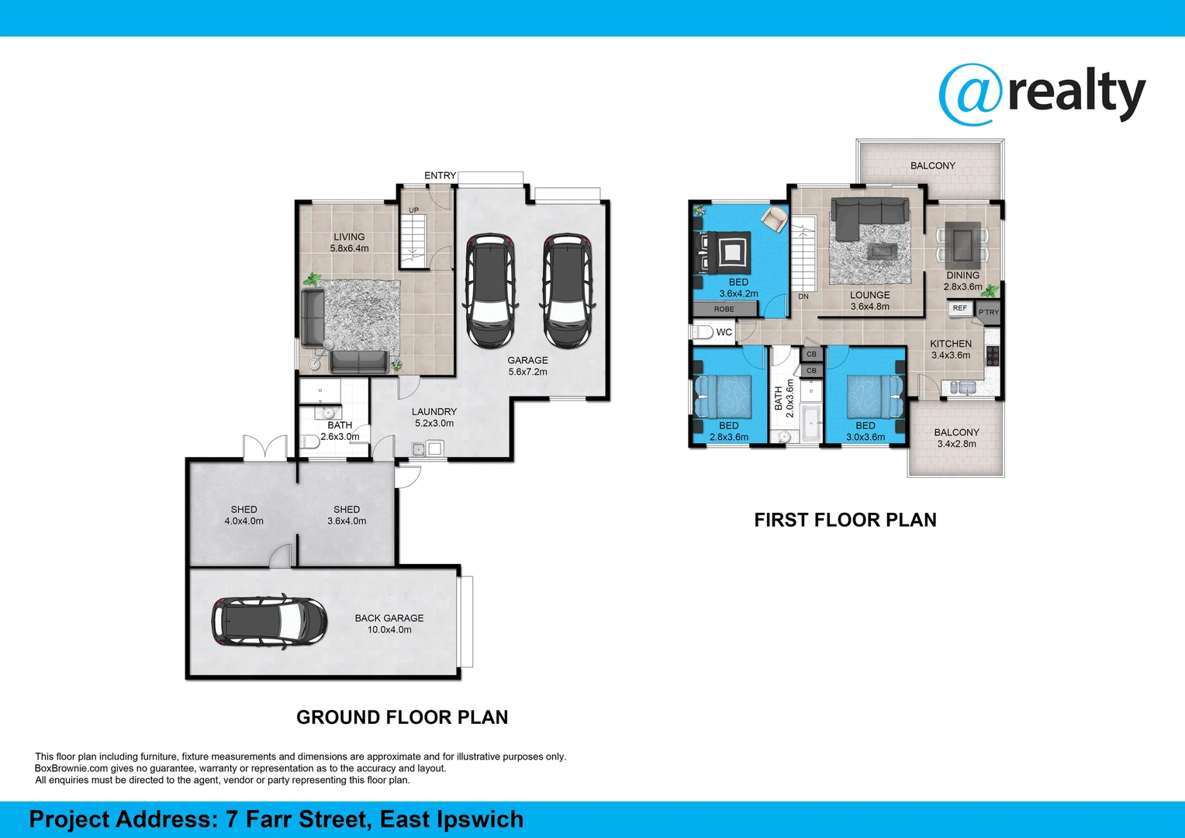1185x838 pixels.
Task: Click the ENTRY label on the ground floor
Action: coord(440,175)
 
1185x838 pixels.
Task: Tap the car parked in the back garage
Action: coord(269,621)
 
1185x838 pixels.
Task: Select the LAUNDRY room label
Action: coord(434,412)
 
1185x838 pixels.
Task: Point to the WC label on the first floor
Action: coord(724,332)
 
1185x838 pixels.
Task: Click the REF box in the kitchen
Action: coord(960,308)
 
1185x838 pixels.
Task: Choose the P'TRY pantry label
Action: coord(989,313)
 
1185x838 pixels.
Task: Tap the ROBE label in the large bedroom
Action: coord(724,309)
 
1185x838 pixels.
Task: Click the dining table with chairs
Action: coord(962,242)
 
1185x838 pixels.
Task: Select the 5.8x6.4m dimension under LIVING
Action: coord(349,248)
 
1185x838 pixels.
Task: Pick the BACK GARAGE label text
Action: coord(389,618)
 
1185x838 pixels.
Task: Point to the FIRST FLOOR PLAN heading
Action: coord(845,520)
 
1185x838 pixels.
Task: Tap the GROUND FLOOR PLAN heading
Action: coord(402,718)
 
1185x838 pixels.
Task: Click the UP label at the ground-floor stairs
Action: coord(413,210)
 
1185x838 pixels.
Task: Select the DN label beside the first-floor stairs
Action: coord(803,296)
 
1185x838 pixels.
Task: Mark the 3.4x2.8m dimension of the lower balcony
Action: coord(956,444)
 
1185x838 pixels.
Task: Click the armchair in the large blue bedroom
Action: coord(774,219)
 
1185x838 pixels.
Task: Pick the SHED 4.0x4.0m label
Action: coord(244,515)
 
